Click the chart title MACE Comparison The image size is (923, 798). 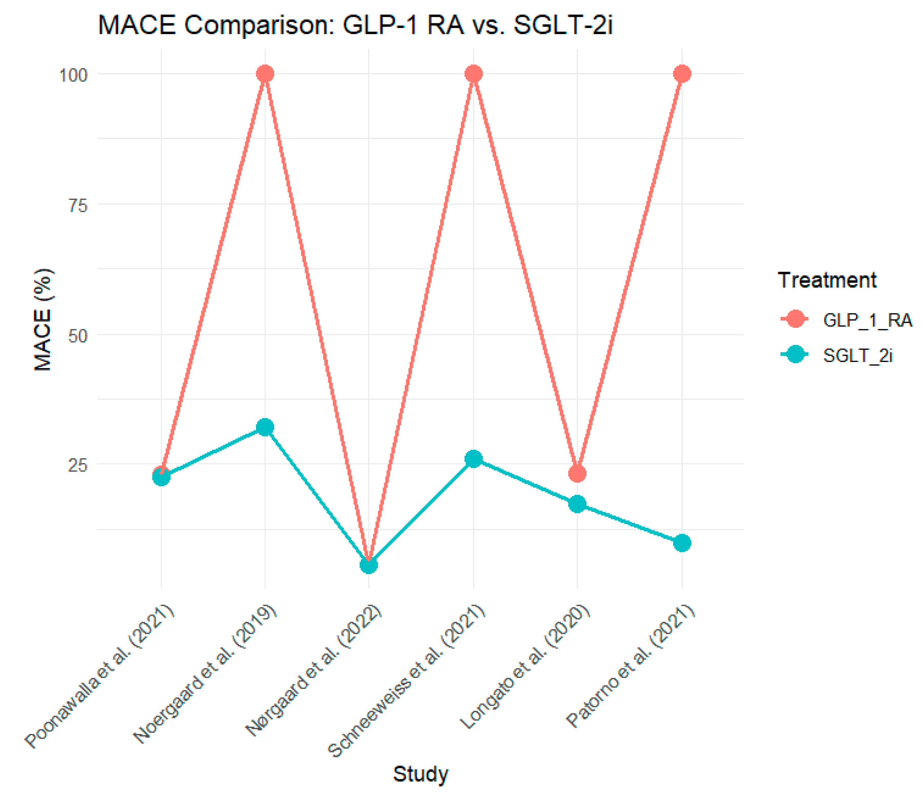(x=355, y=25)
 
